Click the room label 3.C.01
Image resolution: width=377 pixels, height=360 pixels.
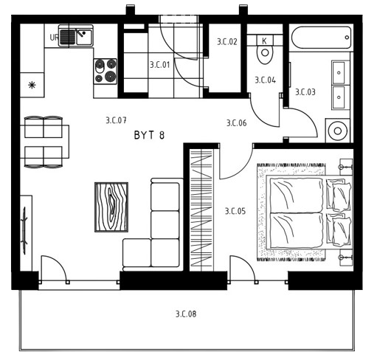pyautogui.click(x=160, y=65)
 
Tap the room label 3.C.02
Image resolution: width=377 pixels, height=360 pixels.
pyautogui.click(x=227, y=41)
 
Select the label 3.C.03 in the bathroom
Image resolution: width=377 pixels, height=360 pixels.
pyautogui.click(x=305, y=92)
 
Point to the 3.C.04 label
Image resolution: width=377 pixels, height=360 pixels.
pyautogui.click(x=265, y=80)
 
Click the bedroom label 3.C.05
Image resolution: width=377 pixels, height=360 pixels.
pyautogui.click(x=235, y=211)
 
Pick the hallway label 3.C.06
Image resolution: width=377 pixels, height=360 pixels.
pyautogui.click(x=236, y=123)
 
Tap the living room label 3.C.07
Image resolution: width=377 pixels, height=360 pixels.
pyautogui.click(x=116, y=120)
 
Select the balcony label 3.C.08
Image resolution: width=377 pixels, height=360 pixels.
pyautogui.click(x=186, y=314)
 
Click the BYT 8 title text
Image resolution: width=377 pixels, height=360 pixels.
pyautogui.click(x=149, y=135)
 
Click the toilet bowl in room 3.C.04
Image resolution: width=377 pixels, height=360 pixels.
pyautogui.click(x=265, y=54)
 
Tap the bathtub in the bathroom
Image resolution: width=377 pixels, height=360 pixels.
pyautogui.click(x=321, y=38)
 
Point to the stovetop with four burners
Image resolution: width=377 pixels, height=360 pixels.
pyautogui.click(x=106, y=72)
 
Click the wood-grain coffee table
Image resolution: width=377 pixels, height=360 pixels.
pyautogui.click(x=111, y=207)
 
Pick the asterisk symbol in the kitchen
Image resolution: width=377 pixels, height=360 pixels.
pyautogui.click(x=32, y=86)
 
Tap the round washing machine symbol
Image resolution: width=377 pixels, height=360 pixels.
pyautogui.click(x=338, y=131)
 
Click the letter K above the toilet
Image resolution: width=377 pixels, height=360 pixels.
pyautogui.click(x=264, y=41)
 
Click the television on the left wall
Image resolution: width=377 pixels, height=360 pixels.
pyautogui.click(x=24, y=231)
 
